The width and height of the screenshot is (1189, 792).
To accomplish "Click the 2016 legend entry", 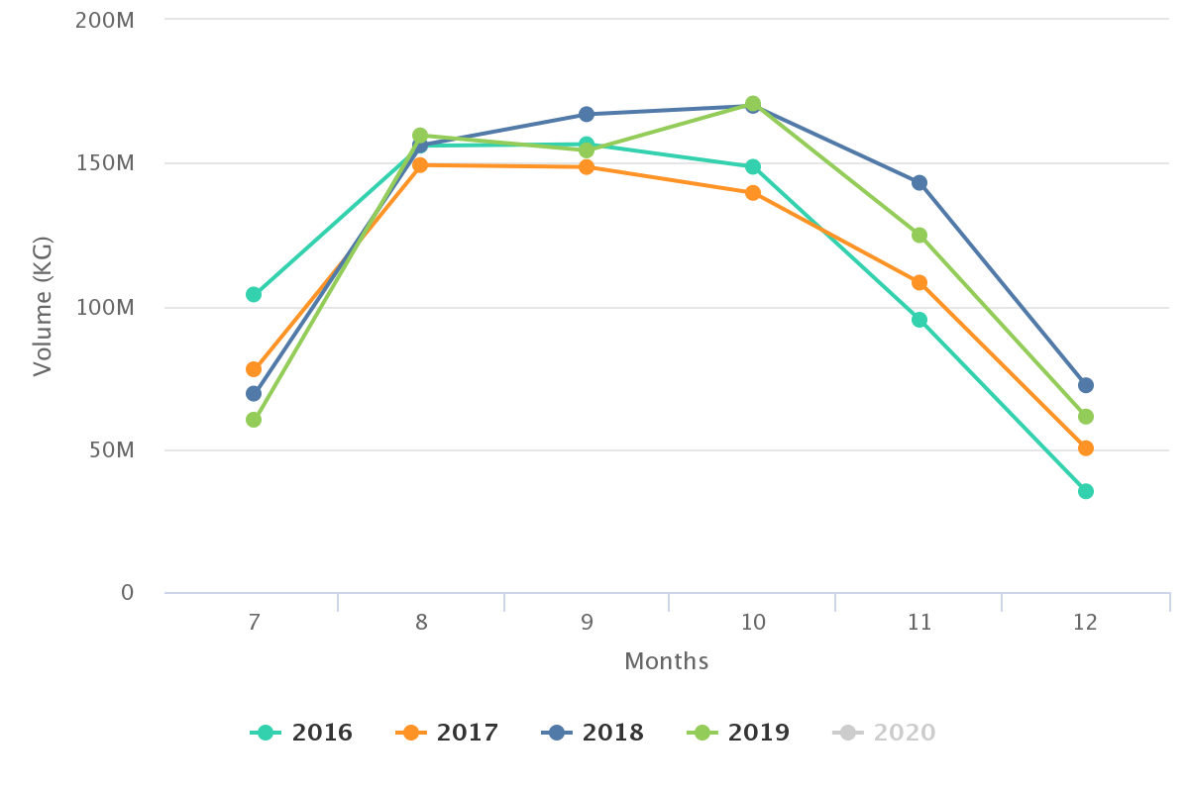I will (x=302, y=733).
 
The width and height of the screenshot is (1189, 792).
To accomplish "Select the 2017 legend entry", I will (x=448, y=733).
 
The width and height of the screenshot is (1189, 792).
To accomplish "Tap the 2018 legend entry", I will (x=594, y=733).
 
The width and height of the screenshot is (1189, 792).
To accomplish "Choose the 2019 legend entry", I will (x=739, y=733).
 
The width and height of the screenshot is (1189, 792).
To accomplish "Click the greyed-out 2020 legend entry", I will (x=885, y=733).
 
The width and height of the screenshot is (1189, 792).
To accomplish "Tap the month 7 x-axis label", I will (x=254, y=623).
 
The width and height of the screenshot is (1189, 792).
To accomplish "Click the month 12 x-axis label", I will (x=1085, y=623).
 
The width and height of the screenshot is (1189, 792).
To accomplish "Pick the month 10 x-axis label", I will (x=753, y=623).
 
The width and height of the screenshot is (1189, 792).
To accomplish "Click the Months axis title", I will (x=666, y=661).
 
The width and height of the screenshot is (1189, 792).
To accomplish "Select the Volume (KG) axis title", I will (x=42, y=306).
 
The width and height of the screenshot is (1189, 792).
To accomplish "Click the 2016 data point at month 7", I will (x=254, y=294).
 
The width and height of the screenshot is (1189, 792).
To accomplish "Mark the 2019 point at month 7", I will (x=254, y=420).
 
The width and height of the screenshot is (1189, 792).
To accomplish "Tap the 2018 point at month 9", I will (x=587, y=114).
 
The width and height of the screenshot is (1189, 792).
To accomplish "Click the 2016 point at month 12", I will (x=1086, y=491).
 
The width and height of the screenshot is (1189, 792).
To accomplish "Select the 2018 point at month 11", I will (x=919, y=182).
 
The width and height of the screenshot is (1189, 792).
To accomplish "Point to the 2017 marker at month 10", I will (x=753, y=193).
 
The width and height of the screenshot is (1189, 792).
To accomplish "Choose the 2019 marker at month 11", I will (x=919, y=236).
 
